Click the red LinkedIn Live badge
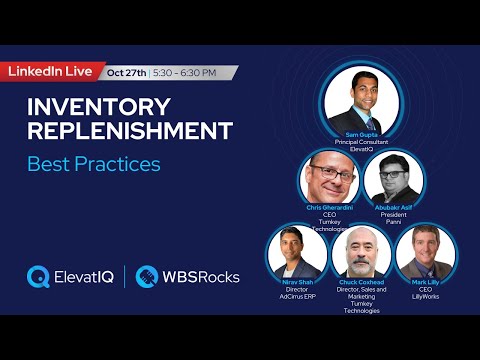[x=51, y=72]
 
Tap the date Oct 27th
[x=127, y=72]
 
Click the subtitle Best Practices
[x=93, y=162]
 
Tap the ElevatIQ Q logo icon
[x=39, y=275]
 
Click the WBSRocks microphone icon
[x=147, y=275]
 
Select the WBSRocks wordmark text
[x=201, y=275]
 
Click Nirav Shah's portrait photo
[x=294, y=251]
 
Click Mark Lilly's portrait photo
[x=425, y=251]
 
